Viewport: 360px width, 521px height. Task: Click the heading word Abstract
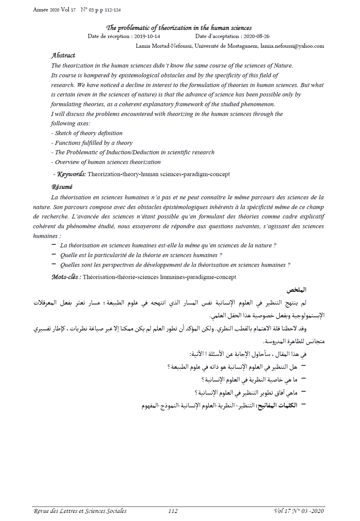(x=63, y=55)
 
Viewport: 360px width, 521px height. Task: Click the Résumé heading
(x=62, y=187)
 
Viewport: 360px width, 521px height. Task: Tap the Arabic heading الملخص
(x=296, y=290)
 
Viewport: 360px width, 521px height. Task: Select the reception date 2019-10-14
(x=147, y=36)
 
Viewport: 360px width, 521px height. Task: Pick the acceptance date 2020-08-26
(x=256, y=36)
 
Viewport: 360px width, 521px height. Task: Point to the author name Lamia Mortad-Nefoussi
(x=164, y=46)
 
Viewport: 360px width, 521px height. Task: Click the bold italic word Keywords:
(x=71, y=174)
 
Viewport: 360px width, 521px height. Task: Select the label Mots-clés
(x=65, y=277)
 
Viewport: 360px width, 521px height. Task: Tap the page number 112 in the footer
(x=173, y=511)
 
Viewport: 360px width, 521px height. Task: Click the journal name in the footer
(x=80, y=511)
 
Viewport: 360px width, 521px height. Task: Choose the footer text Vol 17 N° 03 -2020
(x=299, y=511)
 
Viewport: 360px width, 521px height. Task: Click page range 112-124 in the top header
(x=113, y=10)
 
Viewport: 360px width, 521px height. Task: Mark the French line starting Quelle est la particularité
(x=141, y=255)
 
